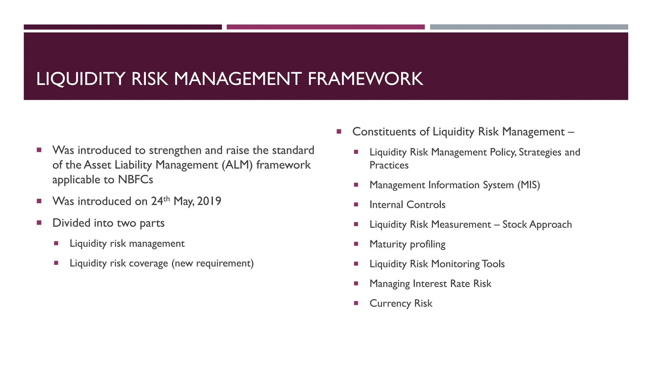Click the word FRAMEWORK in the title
(365, 79)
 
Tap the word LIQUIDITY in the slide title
(81, 79)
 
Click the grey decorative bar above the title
(529, 27)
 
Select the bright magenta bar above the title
(325, 27)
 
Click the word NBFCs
(135, 180)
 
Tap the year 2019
(209, 201)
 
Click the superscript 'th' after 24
(167, 199)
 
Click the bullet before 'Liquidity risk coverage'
(56, 263)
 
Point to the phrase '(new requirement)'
(212, 263)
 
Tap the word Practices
(389, 165)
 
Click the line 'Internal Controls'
(407, 205)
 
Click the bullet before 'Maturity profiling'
(356, 244)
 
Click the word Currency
(390, 304)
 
